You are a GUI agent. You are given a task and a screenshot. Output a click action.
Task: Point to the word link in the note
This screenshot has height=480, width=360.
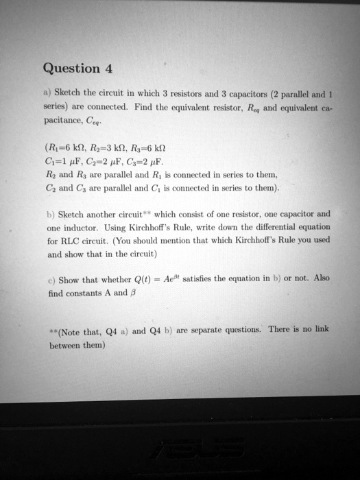click(320, 329)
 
